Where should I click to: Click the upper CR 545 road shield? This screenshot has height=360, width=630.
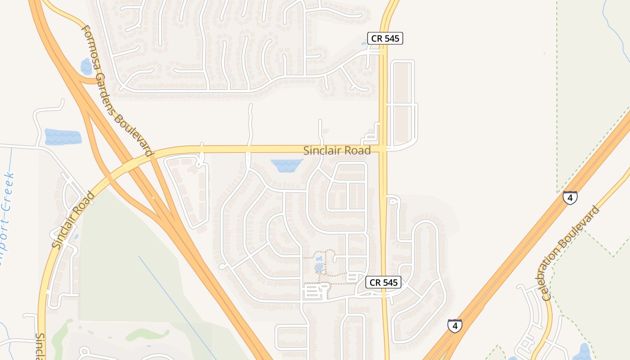[x=385, y=38]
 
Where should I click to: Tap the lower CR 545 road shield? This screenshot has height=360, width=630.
[x=383, y=282]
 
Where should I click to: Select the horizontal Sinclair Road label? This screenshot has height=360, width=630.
[x=337, y=150]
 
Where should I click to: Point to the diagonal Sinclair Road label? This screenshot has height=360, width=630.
[x=72, y=220]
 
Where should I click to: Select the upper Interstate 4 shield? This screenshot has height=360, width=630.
[x=570, y=198]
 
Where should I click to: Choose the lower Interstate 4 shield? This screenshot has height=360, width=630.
[x=454, y=325]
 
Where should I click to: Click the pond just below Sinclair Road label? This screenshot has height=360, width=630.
[x=286, y=165]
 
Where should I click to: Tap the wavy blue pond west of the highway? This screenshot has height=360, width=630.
[x=63, y=136]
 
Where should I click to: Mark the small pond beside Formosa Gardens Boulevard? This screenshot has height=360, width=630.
[x=86, y=67]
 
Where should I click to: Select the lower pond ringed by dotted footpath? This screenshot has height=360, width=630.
[x=319, y=267]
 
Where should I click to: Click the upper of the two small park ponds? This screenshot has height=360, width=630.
[x=319, y=259]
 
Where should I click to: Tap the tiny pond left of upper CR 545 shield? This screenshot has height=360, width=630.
[x=364, y=44]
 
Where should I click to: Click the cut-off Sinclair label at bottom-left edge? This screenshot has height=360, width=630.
[x=40, y=346]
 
